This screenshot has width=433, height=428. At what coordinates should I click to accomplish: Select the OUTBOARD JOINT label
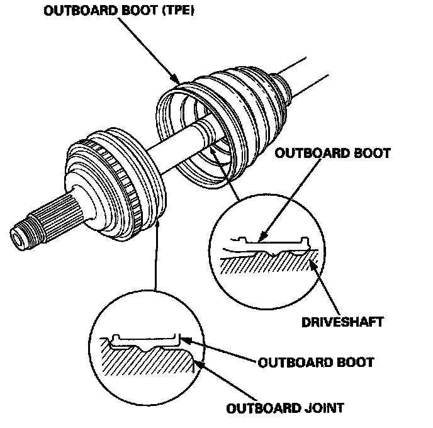click(284, 407)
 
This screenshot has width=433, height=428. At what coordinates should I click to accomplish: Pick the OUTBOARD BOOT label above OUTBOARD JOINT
click(316, 363)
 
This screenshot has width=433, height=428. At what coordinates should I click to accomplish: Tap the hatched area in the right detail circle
click(264, 271)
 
